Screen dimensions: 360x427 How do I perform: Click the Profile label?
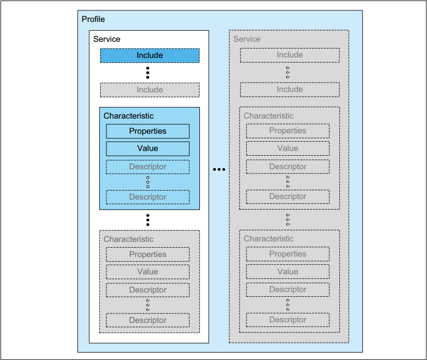point(93,19)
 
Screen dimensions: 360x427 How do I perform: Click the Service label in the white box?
point(106,39)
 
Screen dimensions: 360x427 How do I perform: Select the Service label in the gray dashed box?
point(246,39)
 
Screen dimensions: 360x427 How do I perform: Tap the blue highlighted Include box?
point(150,55)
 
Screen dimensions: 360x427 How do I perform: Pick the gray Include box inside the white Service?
point(150,90)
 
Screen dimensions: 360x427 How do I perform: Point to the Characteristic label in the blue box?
point(128,116)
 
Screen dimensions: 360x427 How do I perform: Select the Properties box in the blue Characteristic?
point(148,131)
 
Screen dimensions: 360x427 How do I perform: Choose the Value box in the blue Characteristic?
point(148,148)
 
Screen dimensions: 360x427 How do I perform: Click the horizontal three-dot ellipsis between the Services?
point(219,169)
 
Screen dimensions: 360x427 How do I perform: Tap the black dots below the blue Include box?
point(148,73)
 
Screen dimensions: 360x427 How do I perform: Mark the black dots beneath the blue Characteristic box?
point(148,220)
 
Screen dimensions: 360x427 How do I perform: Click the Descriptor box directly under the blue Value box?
point(148,167)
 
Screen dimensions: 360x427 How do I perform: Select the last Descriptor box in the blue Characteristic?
point(148,197)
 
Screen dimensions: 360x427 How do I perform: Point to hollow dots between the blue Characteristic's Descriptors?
point(148,182)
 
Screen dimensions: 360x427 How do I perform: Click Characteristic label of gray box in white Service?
point(128,239)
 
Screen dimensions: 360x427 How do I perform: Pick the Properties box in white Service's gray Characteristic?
point(148,254)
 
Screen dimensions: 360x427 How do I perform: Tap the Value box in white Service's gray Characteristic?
point(148,272)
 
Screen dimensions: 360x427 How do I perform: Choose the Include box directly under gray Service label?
point(290,55)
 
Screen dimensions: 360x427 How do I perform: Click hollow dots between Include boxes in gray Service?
point(288,72)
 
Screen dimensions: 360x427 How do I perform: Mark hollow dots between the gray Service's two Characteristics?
point(288,219)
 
